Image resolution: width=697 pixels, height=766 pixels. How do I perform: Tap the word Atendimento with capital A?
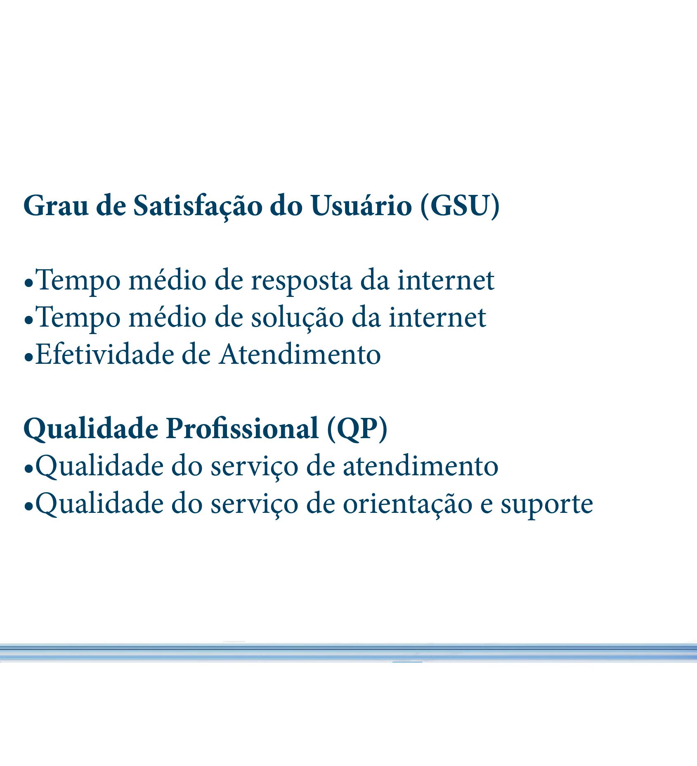300,354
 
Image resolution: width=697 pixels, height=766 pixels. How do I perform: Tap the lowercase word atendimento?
421,466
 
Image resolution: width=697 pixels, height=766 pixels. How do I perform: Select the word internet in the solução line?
437,317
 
